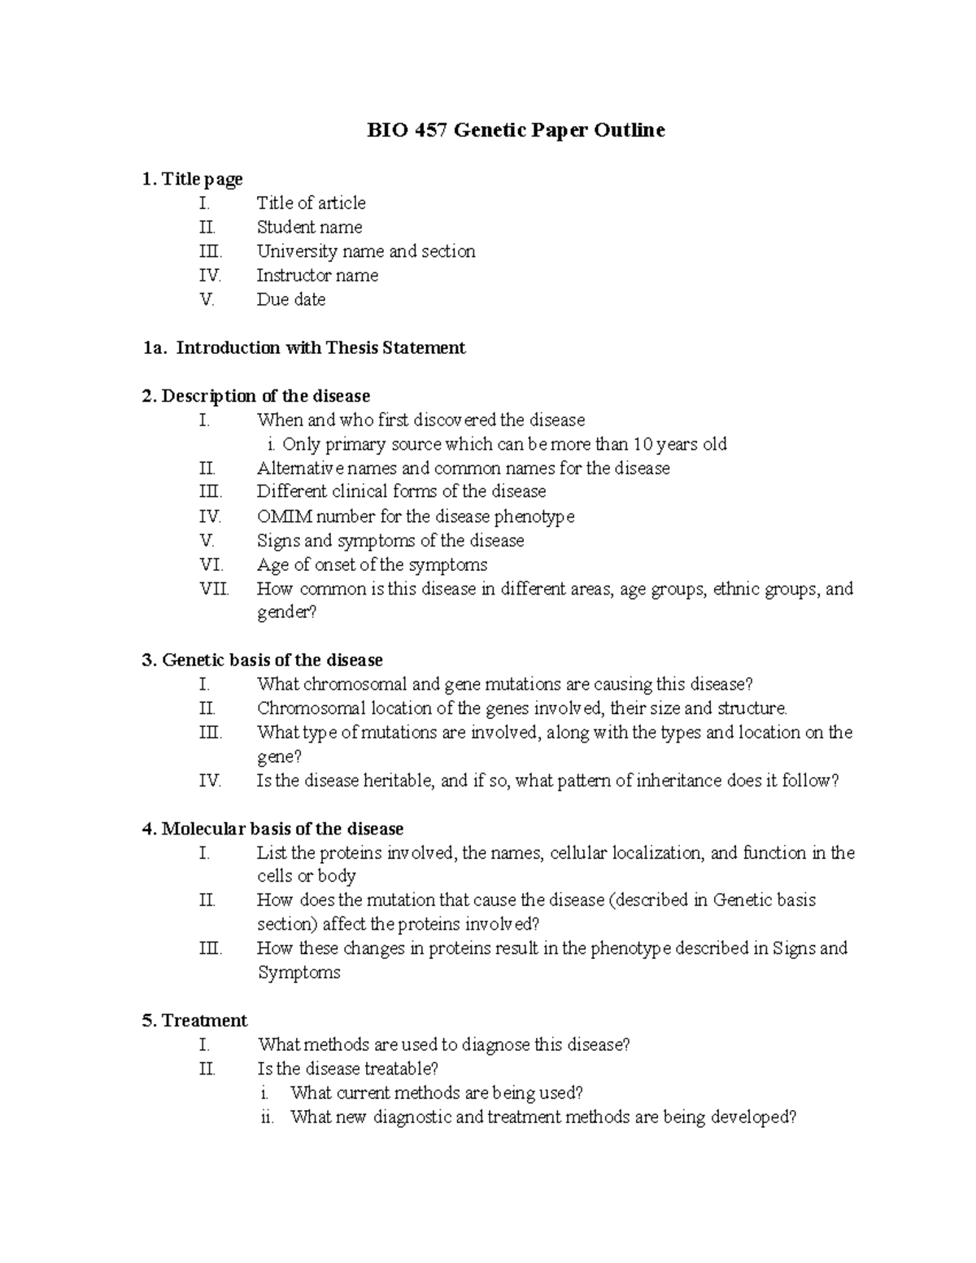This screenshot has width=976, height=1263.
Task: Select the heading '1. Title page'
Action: pos(192,179)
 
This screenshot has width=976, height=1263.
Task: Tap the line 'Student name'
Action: pos(309,227)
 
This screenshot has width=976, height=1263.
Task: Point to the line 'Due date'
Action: pos(291,299)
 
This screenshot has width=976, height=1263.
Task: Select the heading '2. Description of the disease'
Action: pos(255,396)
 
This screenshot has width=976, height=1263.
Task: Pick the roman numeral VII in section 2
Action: pos(214,589)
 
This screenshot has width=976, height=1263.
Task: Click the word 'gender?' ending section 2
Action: pos(286,612)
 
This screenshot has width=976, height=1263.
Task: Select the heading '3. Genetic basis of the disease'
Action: pos(262,660)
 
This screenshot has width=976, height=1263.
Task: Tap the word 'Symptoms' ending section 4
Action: pos(298,973)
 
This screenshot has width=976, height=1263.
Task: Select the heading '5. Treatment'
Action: pos(194,1021)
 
